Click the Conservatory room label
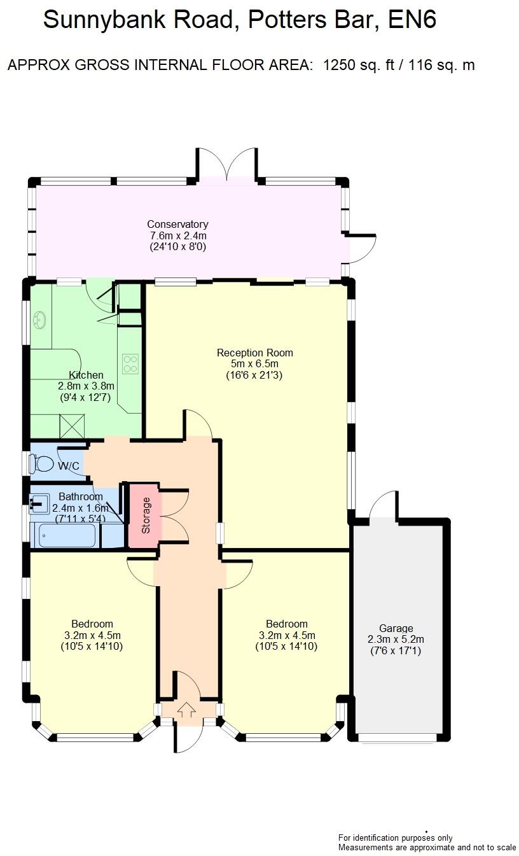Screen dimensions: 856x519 [177, 224]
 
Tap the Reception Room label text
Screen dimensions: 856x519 [254, 353]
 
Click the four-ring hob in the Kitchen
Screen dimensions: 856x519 [130, 363]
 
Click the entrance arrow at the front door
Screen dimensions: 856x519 [187, 708]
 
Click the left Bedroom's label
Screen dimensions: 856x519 [92, 624]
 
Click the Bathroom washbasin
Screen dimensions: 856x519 [38, 505]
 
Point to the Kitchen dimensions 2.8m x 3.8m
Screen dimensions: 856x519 [86, 386]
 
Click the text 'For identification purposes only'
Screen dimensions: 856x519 [395, 838]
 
